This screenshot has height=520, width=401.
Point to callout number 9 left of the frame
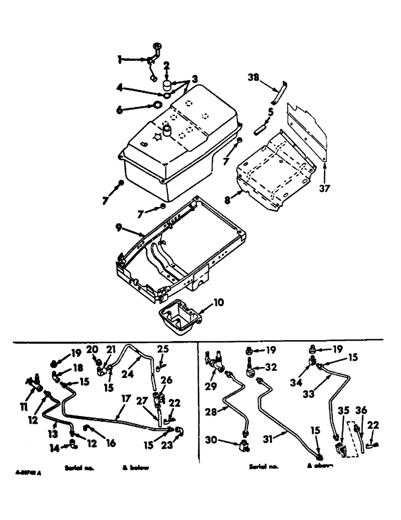(x=119, y=227)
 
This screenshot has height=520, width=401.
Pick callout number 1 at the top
(x=119, y=60)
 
